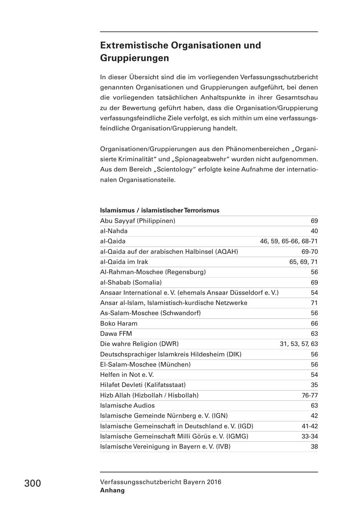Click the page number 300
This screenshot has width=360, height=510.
click(32, 483)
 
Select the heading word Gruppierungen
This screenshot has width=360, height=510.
click(134, 58)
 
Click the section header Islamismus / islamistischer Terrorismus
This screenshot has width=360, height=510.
click(160, 210)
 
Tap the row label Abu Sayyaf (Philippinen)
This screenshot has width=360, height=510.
click(138, 221)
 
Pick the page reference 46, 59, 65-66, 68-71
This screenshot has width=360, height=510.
click(289, 241)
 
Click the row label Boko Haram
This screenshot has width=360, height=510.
click(118, 323)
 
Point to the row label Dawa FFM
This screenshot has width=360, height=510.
click(116, 333)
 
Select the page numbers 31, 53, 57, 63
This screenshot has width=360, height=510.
click(298, 344)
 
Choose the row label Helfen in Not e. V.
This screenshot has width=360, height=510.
click(127, 375)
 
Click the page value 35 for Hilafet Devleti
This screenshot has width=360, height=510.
click(314, 385)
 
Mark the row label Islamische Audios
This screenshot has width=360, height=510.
click(127, 405)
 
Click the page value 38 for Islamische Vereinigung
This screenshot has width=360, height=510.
click(314, 446)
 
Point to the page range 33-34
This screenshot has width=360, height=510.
click(310, 436)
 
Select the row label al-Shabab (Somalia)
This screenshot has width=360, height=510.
click(131, 283)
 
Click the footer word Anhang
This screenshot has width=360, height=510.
click(112, 490)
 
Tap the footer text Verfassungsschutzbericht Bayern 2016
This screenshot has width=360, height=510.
click(160, 482)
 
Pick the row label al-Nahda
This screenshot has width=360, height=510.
click(114, 231)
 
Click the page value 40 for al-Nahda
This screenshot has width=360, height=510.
click(314, 231)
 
